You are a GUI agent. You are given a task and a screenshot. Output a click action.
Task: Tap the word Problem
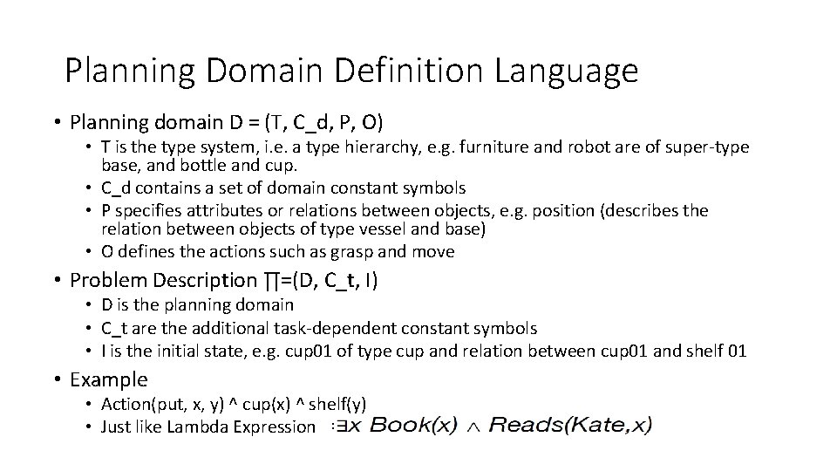click(x=105, y=281)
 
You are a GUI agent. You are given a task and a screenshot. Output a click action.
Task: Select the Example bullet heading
click(x=109, y=380)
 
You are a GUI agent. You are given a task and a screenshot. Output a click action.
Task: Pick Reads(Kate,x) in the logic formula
click(x=570, y=426)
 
